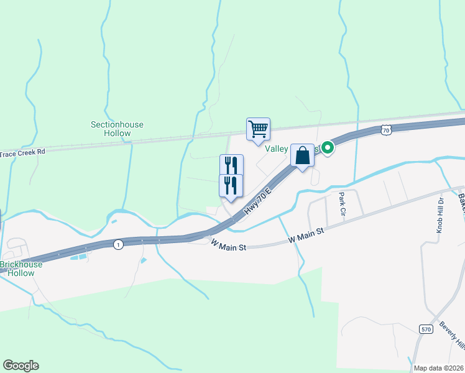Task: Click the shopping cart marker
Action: pyautogui.click(x=258, y=129)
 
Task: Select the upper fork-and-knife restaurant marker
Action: pyautogui.click(x=231, y=165)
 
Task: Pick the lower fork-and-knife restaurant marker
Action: pyautogui.click(x=231, y=185)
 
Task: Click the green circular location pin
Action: pyautogui.click(x=326, y=148)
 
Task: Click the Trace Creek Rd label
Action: pyautogui.click(x=24, y=152)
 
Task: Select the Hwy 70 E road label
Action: pyautogui.click(x=259, y=199)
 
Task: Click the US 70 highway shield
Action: pyautogui.click(x=386, y=130)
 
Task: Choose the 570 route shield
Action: pyautogui.click(x=425, y=329)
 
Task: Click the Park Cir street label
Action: pyautogui.click(x=342, y=203)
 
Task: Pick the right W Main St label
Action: pyautogui.click(x=306, y=235)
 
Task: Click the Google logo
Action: pyautogui.click(x=21, y=366)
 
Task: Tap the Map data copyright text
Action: pyautogui.click(x=439, y=368)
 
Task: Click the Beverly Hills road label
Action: pyautogui.click(x=452, y=336)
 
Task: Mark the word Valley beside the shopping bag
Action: pyautogui.click(x=278, y=149)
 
